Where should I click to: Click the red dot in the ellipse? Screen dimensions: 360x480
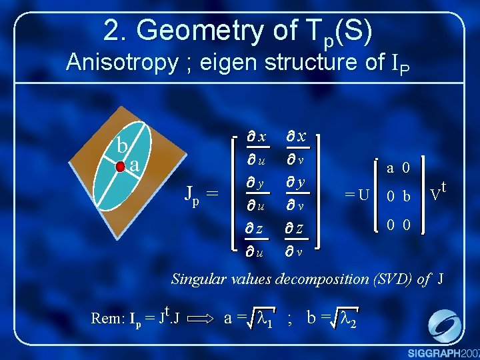pyautogui.click(x=121, y=165)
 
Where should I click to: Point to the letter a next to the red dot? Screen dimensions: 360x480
pyautogui.click(x=135, y=164)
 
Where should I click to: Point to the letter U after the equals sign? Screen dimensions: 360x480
pyautogui.click(x=363, y=195)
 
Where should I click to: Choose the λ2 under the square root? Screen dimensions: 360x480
pyautogui.click(x=348, y=318)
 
